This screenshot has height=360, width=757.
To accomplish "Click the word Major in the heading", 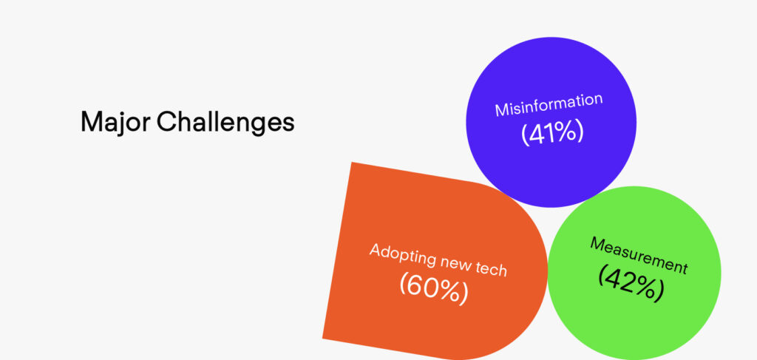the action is click(115, 123).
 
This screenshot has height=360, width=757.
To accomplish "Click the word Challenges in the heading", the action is click(225, 122).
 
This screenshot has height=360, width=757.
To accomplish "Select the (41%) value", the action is click(552, 133).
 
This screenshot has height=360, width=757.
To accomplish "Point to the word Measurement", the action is click(638, 255).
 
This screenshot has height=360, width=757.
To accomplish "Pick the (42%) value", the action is click(631, 282).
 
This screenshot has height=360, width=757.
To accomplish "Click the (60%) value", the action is click(433, 289).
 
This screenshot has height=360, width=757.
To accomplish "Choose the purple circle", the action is click(551, 122).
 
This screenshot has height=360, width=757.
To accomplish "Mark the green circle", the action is click(634, 273).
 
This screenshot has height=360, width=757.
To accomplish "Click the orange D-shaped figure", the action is click(435, 261).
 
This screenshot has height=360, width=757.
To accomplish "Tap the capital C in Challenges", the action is click(166, 122).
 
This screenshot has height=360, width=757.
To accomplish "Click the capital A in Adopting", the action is click(376, 250).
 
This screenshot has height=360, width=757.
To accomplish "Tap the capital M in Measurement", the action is click(597, 242).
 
